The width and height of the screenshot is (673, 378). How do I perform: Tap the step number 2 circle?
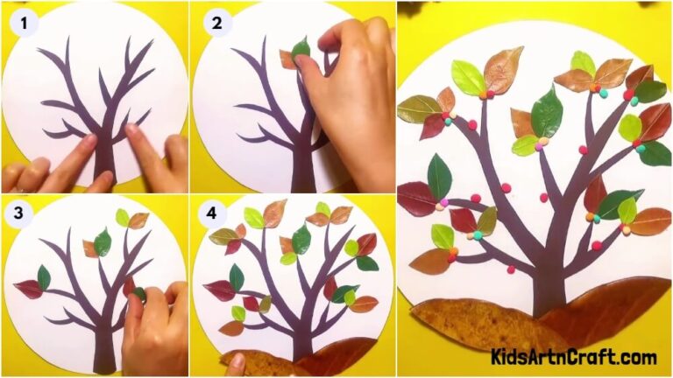[x=216, y=24]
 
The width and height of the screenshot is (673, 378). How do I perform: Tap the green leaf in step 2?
[x=301, y=50]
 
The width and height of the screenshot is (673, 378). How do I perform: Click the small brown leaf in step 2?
[x=287, y=59]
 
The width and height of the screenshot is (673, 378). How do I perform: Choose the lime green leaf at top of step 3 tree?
[x=122, y=217]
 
